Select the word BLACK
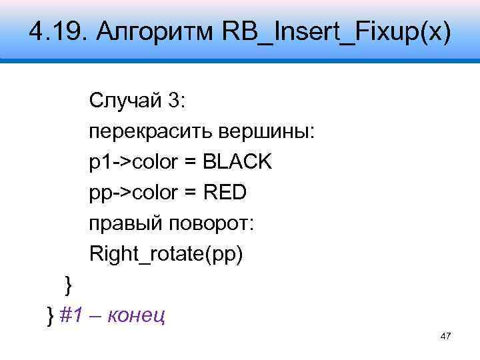238,162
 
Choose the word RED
225,193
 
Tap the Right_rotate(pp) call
166,254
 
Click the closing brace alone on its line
67,285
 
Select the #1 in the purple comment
70,314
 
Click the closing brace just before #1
50,314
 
